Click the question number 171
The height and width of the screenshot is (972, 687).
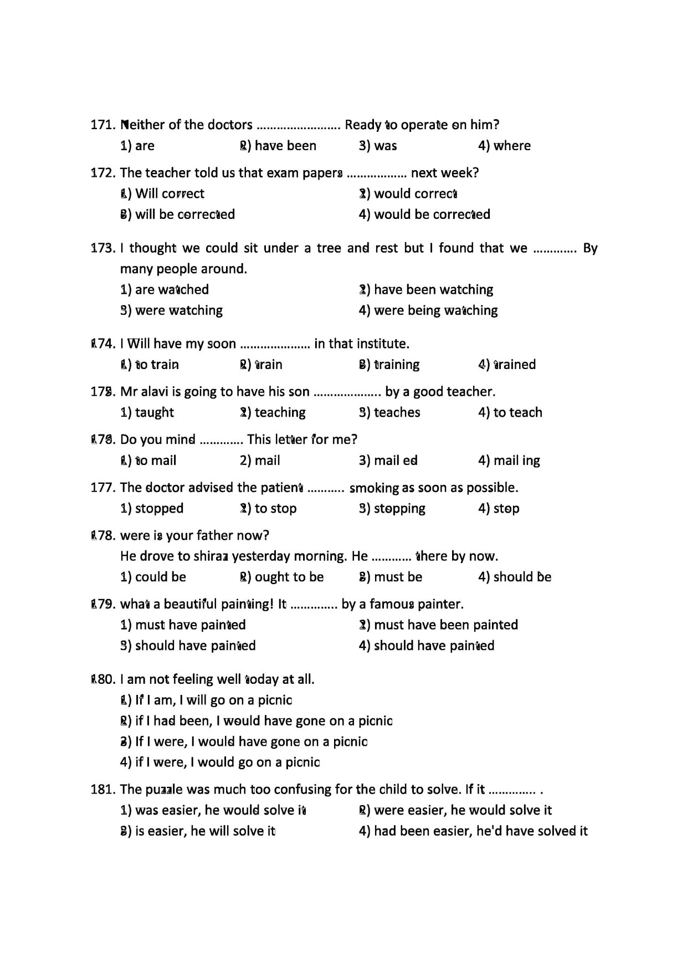[103, 125]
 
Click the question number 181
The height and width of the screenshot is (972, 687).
[103, 790]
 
